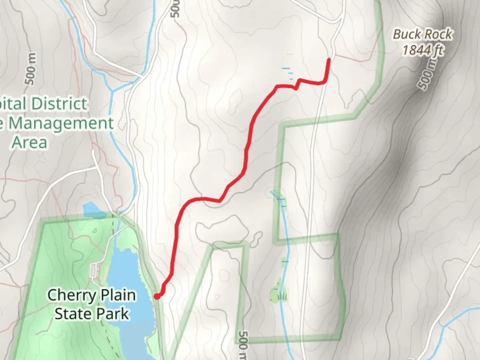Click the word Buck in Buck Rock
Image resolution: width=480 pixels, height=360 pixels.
405,34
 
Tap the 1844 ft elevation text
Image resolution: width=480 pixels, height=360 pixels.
423,50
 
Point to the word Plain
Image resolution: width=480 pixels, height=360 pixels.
117,295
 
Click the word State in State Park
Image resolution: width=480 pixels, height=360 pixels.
69,314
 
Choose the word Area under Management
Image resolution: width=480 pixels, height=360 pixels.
29,142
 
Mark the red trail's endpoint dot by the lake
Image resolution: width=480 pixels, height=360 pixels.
156,296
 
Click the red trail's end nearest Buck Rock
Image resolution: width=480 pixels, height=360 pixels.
329,60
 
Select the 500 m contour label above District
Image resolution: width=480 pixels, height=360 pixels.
30,69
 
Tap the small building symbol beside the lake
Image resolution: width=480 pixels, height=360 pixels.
93,270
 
